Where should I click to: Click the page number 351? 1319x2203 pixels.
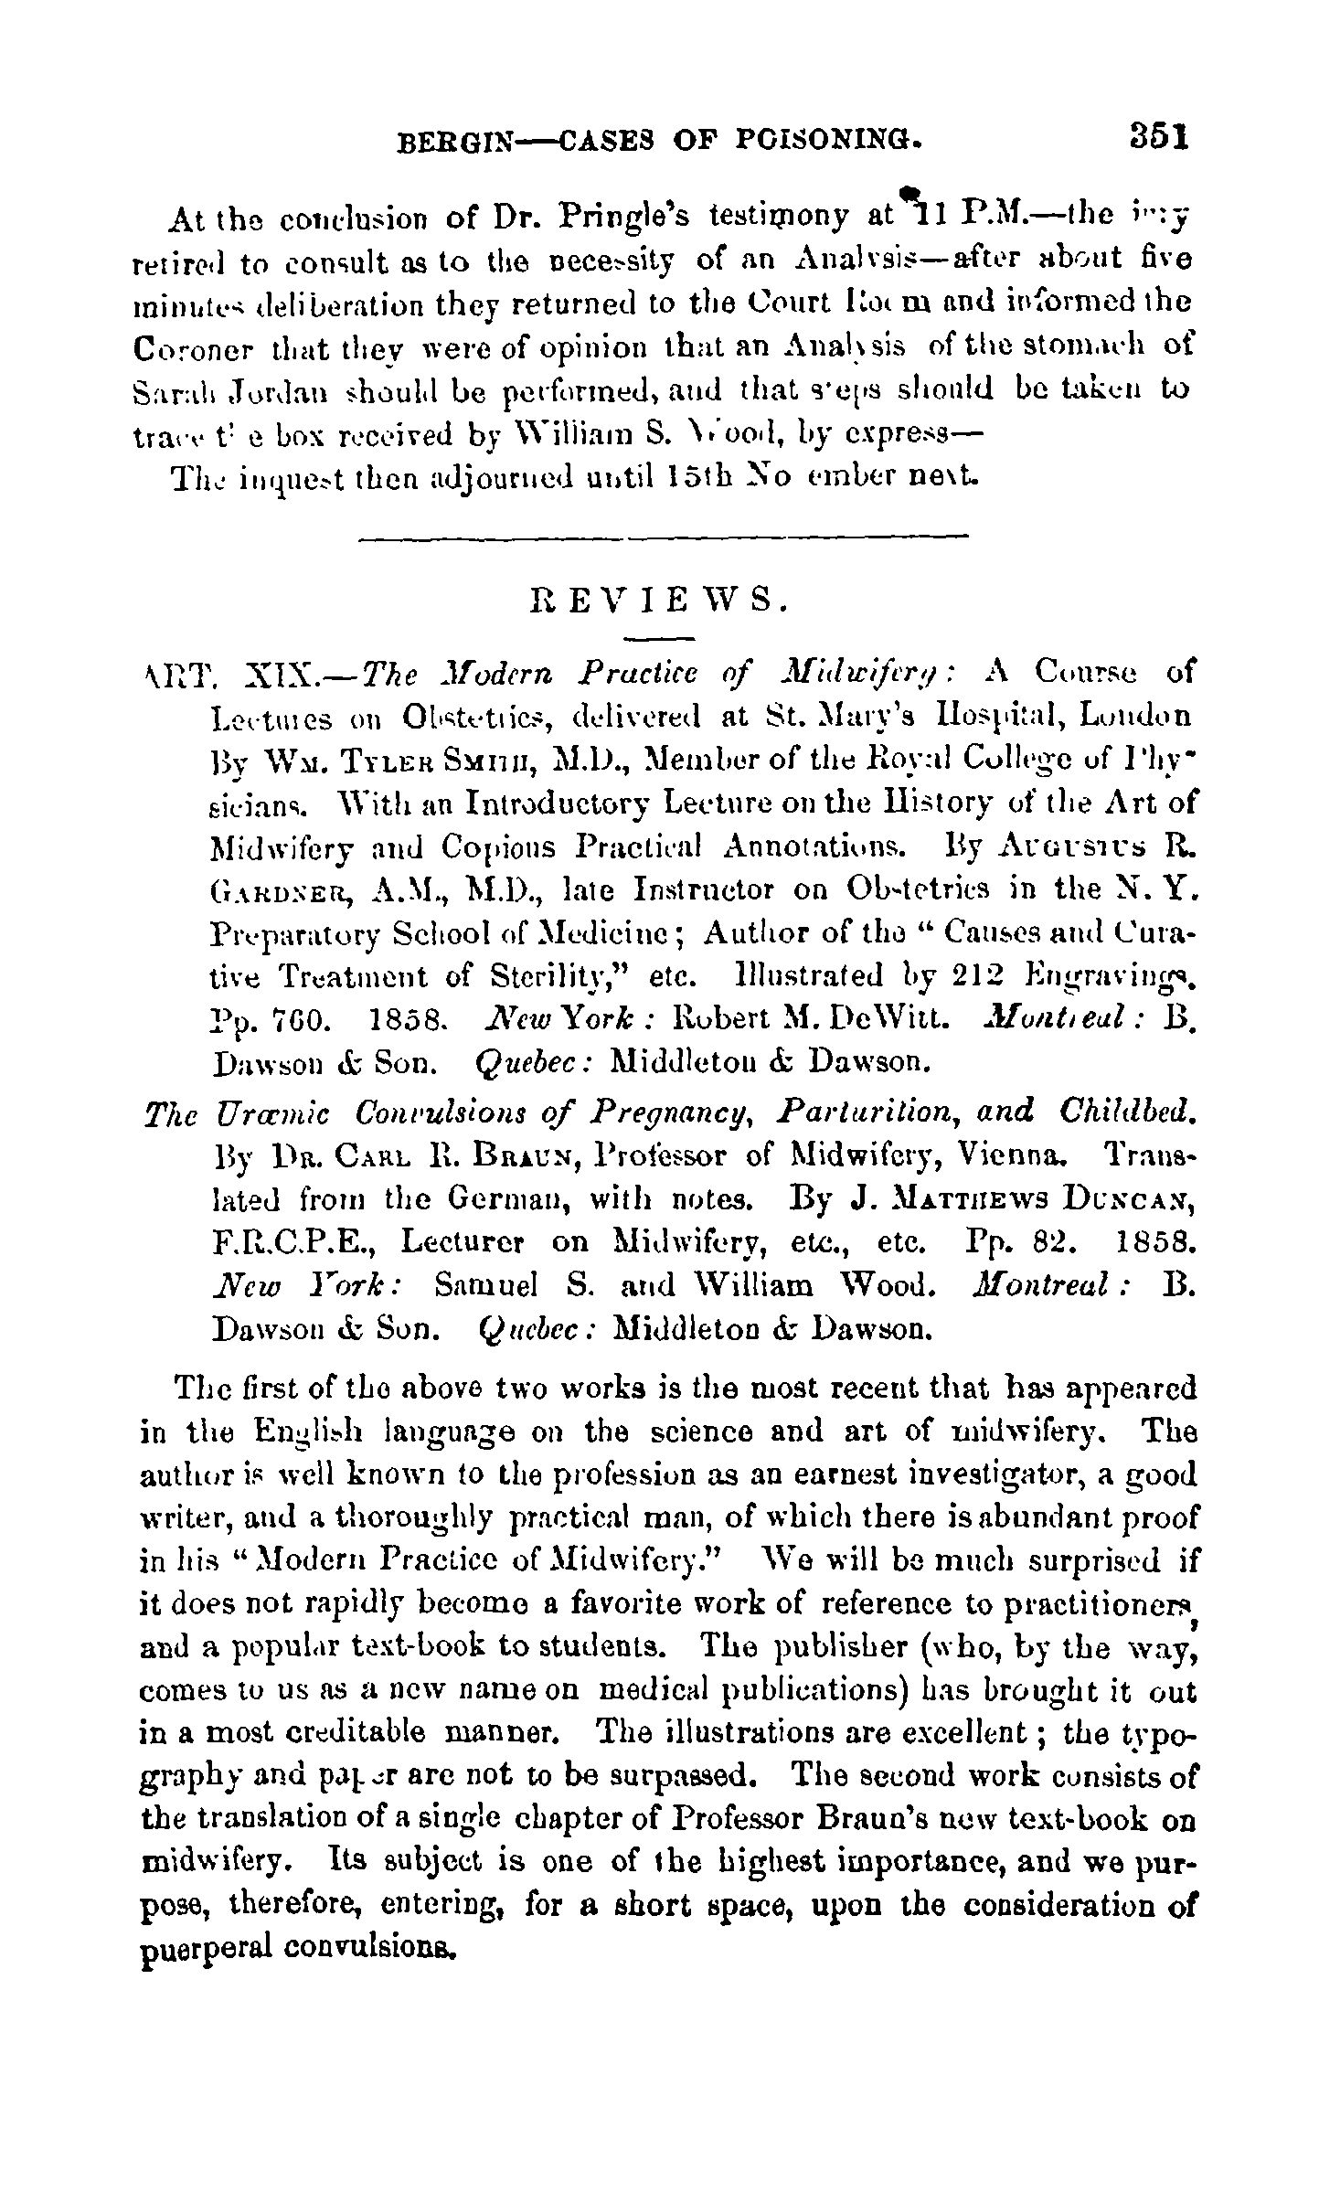(x=1157, y=137)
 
